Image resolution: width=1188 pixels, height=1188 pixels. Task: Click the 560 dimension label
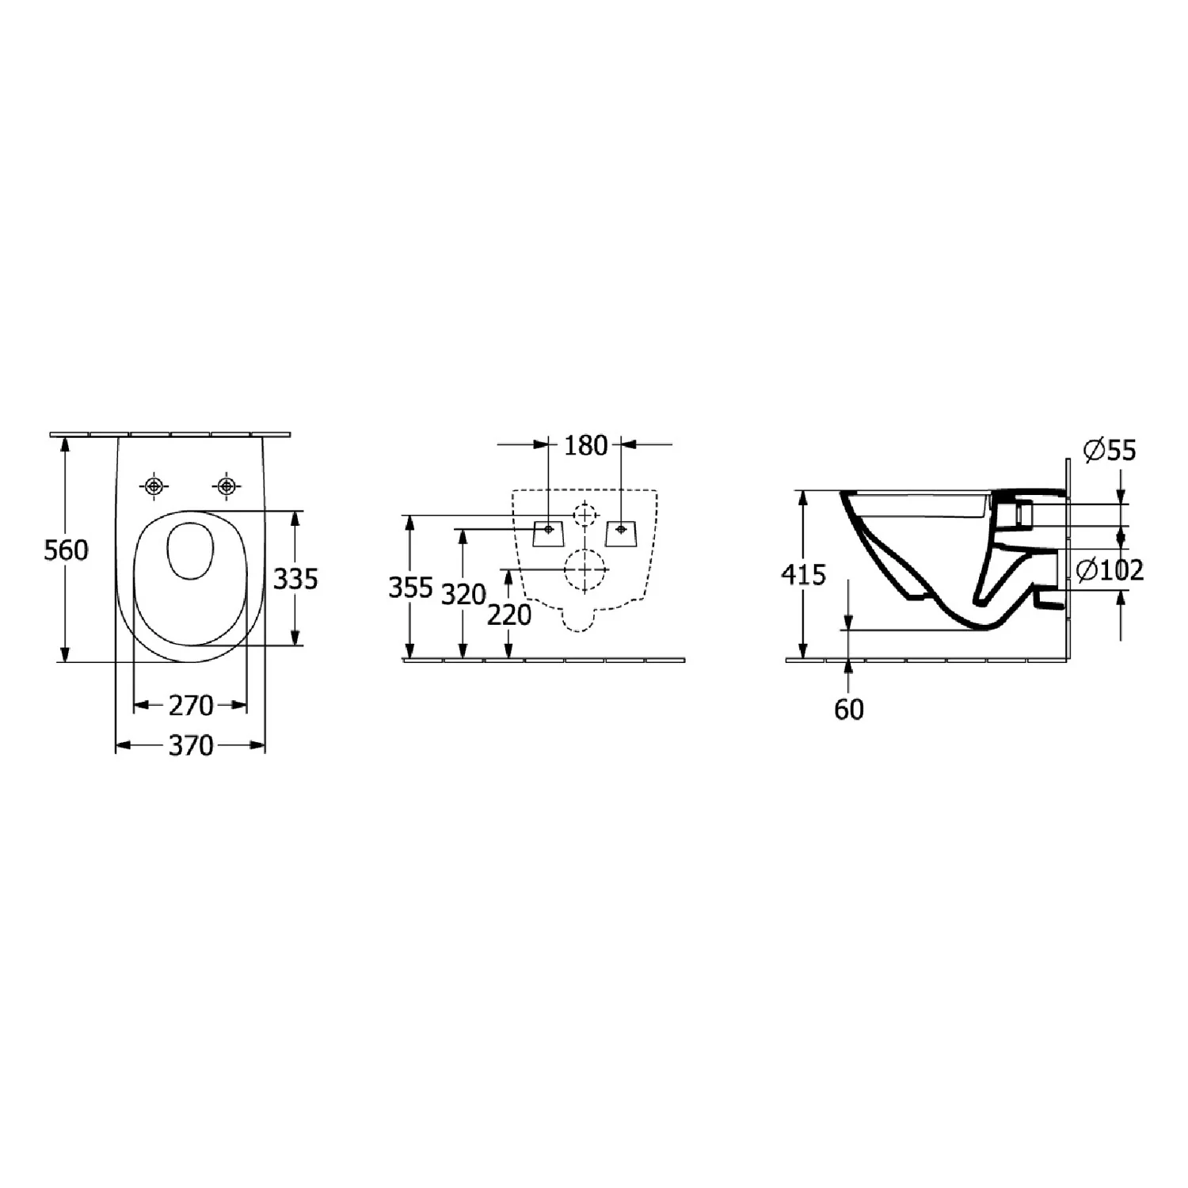coord(66,550)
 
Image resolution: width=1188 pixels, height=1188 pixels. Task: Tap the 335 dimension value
coord(295,579)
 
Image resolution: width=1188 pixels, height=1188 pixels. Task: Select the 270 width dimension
coord(191,704)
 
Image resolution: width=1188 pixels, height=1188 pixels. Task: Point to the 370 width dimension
coord(191,745)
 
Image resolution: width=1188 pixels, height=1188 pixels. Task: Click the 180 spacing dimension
coord(585,446)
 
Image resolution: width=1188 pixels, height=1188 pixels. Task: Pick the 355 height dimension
coord(410,588)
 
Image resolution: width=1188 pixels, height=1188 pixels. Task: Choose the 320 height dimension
coord(463,594)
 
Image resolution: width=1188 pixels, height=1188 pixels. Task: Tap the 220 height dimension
coord(509,615)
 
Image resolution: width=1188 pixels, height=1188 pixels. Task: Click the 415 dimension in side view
coord(804,574)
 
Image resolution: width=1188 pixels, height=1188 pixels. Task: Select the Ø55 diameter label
coord(1109,451)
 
